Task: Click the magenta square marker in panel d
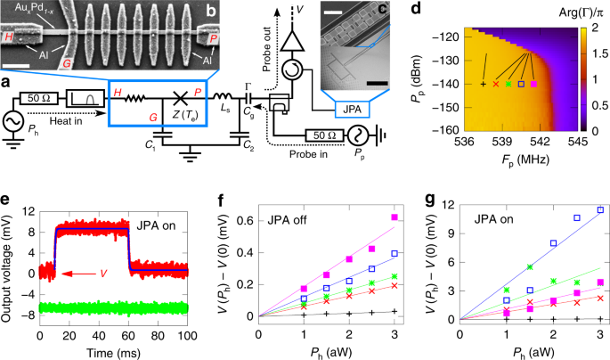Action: tap(533, 84)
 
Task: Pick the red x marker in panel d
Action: tap(496, 84)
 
